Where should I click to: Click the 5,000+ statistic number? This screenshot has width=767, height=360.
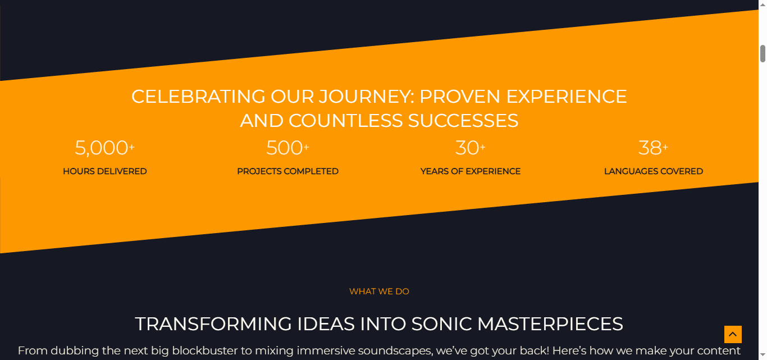(x=105, y=148)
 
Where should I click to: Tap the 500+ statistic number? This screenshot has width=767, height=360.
(x=287, y=148)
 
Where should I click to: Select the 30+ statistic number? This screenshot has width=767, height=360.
(x=471, y=148)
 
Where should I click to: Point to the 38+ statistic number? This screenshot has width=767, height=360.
(x=654, y=148)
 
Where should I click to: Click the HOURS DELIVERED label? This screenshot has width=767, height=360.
(x=105, y=171)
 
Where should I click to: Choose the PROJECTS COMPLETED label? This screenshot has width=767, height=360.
(x=287, y=171)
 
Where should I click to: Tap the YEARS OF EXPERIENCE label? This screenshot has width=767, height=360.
(x=471, y=171)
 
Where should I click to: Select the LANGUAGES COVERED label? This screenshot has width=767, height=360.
(x=654, y=171)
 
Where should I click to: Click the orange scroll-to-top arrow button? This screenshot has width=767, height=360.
(x=733, y=334)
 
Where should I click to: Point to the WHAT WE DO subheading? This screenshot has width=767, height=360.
(x=379, y=291)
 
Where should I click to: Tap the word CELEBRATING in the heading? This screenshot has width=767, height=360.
(x=198, y=97)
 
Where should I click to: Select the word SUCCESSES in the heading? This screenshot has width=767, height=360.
(x=463, y=121)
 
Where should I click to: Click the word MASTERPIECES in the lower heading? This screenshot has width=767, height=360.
(x=550, y=324)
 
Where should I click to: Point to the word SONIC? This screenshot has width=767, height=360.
(x=442, y=324)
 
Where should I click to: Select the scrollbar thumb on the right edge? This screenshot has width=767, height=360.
(x=763, y=54)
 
